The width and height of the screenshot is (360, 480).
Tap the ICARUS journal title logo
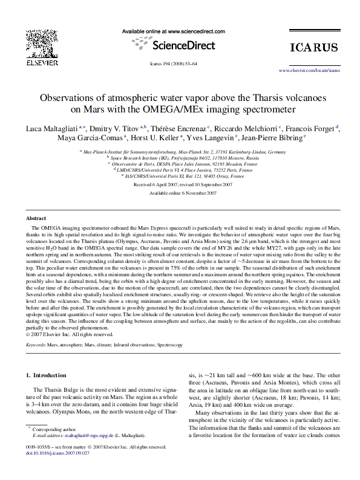pyautogui.click(x=313, y=47)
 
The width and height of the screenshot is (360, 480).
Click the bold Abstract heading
pyautogui.click(x=38, y=218)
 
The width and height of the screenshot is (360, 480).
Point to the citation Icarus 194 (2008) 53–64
pyautogui.click(x=180, y=63)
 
